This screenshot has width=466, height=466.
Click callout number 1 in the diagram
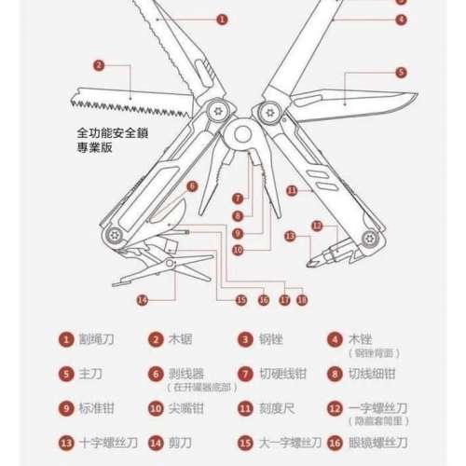[223, 19]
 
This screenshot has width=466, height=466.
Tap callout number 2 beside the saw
[100, 65]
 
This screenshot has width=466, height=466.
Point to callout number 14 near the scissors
[142, 299]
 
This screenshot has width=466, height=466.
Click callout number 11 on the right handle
[292, 190]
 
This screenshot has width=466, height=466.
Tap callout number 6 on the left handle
[192, 185]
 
